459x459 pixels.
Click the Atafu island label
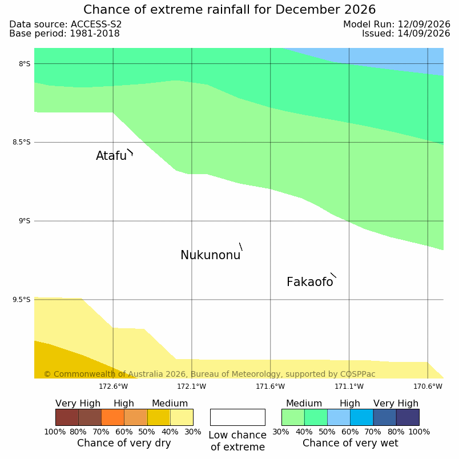(x=111, y=156)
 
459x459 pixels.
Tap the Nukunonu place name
(x=211, y=255)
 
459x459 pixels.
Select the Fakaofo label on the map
(x=309, y=282)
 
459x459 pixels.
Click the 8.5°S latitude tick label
(x=21, y=142)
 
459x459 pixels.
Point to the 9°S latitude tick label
(x=25, y=221)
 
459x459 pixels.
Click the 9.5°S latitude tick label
(x=21, y=300)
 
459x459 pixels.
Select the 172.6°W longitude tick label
(x=113, y=386)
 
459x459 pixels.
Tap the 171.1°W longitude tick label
(x=349, y=386)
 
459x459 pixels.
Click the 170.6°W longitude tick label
(x=428, y=386)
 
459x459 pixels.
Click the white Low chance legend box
(x=237, y=417)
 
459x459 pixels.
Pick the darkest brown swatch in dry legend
(x=67, y=417)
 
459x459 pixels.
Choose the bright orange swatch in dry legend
(x=112, y=417)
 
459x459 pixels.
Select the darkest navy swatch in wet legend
(x=408, y=417)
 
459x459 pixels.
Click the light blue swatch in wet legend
(x=339, y=417)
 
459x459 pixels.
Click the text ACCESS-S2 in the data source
(x=96, y=25)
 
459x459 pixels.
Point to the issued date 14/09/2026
(x=424, y=34)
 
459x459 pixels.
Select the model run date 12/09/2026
(x=424, y=25)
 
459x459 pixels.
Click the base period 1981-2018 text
(x=95, y=34)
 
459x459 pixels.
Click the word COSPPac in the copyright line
(x=357, y=374)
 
